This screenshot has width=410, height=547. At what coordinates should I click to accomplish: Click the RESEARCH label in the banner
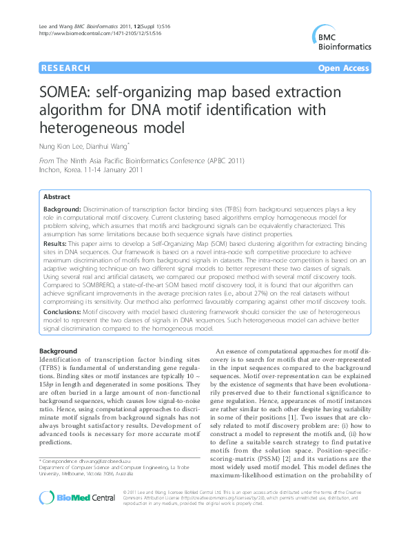coord(66,68)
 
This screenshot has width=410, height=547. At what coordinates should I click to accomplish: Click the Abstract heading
coord(56,196)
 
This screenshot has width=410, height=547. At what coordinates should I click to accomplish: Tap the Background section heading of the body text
coord(58,351)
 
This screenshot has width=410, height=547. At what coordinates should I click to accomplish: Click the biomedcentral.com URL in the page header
coord(90,32)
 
